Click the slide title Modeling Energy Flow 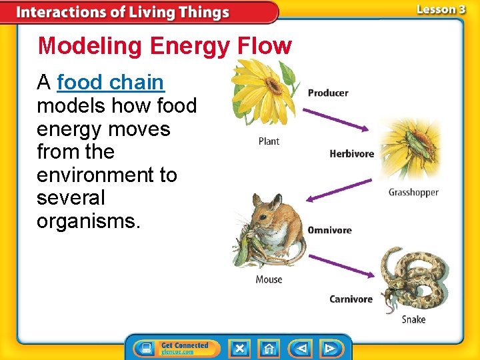point(165,46)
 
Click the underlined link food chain point(111,83)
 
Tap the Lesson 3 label point(441,9)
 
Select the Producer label point(328,93)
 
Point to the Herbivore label point(351,154)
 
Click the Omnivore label point(329,230)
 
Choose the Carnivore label point(351,299)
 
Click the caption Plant point(269,141)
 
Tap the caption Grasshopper point(413,193)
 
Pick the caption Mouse point(269,280)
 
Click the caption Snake point(413,319)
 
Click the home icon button point(269,348)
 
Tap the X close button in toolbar point(239,348)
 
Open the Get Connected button point(176,348)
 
